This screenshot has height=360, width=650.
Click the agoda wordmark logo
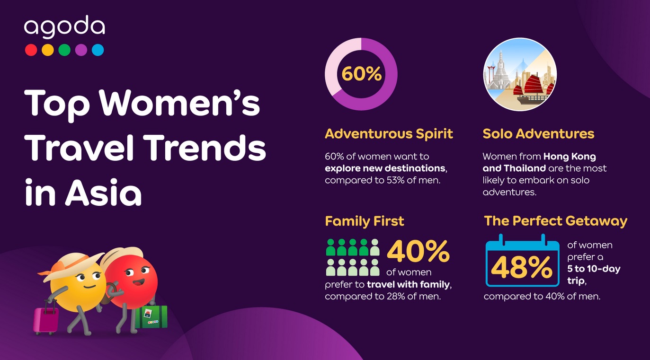point(64,26)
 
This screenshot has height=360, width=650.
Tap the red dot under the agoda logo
point(31,50)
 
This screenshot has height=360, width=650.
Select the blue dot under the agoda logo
point(98,50)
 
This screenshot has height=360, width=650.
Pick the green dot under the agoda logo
point(64,50)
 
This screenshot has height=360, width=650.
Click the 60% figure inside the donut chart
point(362,74)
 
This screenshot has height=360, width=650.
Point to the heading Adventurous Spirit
point(389,134)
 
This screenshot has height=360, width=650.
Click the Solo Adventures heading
point(538,134)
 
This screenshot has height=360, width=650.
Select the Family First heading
point(365,221)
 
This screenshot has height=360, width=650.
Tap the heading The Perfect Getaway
point(555,221)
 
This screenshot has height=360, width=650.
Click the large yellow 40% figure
point(418,251)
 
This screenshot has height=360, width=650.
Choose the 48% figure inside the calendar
point(522,267)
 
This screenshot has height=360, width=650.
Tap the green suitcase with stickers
point(151,317)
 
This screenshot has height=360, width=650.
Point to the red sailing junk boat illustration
point(534,89)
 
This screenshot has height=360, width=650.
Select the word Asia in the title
point(103,192)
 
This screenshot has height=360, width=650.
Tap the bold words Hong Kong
point(570,157)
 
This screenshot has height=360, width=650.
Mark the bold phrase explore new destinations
point(385,168)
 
